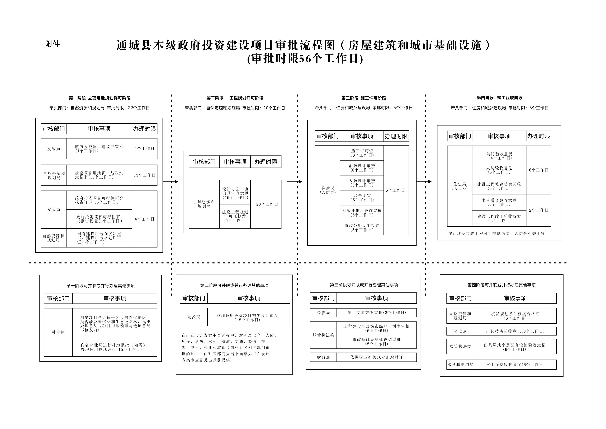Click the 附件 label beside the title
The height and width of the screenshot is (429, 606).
(53, 44)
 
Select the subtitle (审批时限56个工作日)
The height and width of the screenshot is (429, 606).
(305, 59)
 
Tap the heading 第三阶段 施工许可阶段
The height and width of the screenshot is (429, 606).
(363, 98)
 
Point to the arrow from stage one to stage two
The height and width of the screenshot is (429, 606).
(171, 182)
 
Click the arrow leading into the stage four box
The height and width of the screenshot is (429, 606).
(424, 182)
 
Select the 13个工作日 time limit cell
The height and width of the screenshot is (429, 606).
(144, 175)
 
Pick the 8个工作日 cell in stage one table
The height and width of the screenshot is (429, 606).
(144, 219)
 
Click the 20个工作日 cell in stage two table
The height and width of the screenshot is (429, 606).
(266, 204)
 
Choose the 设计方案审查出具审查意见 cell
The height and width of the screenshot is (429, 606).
(235, 192)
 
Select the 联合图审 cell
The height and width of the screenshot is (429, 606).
(362, 198)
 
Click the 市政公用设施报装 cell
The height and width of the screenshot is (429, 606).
(362, 228)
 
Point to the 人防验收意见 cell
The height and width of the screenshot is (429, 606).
(499, 170)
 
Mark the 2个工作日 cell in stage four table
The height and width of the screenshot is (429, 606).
(538, 210)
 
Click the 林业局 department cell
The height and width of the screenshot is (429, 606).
(58, 332)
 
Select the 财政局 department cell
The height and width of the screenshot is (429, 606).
(323, 357)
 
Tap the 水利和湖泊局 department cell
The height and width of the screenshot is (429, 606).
(460, 365)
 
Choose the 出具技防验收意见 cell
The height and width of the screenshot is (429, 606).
(515, 331)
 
